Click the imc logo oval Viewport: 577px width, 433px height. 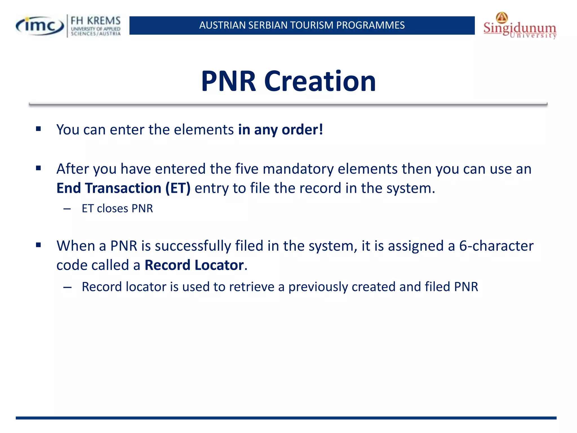coord(40,26)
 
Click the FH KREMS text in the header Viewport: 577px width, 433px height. coord(96,21)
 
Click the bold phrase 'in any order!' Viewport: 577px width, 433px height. coord(280,130)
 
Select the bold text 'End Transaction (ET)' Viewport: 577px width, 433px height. coord(123,188)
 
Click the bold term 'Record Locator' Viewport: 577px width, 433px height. coord(194,265)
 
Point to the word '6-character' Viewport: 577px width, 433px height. coord(496,246)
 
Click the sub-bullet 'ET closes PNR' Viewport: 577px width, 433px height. coord(117,209)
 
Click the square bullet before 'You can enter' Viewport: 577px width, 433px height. coord(39,129)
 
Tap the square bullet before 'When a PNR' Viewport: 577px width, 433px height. coord(39,245)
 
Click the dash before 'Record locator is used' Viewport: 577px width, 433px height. coord(67,287)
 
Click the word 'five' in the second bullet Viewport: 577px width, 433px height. coord(247,169)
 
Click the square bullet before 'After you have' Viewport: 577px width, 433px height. coord(39,168)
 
